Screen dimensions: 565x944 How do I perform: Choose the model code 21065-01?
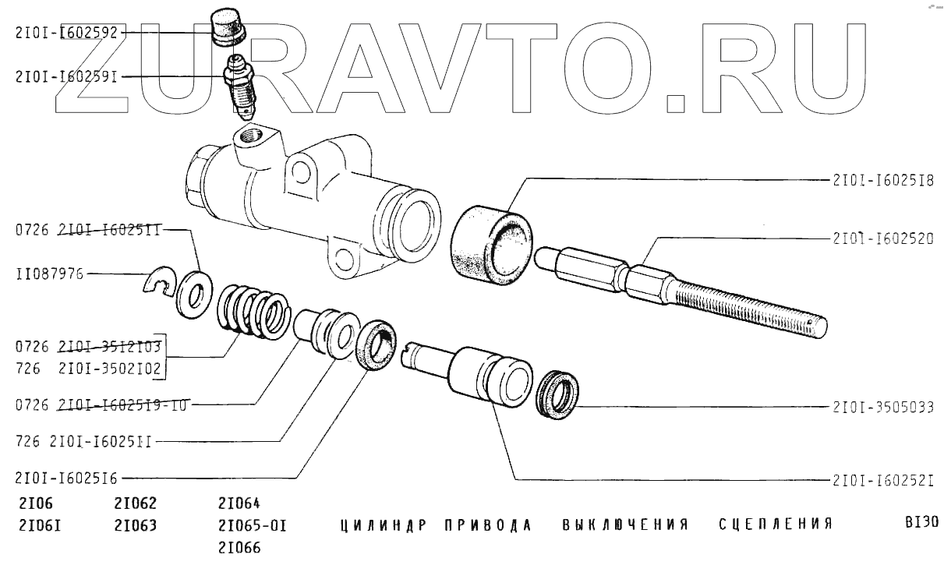pos(253,525)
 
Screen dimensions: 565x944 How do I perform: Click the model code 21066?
pos(239,547)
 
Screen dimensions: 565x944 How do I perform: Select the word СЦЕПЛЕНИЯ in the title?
pos(776,524)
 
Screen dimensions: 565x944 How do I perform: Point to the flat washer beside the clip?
pos(191,294)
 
